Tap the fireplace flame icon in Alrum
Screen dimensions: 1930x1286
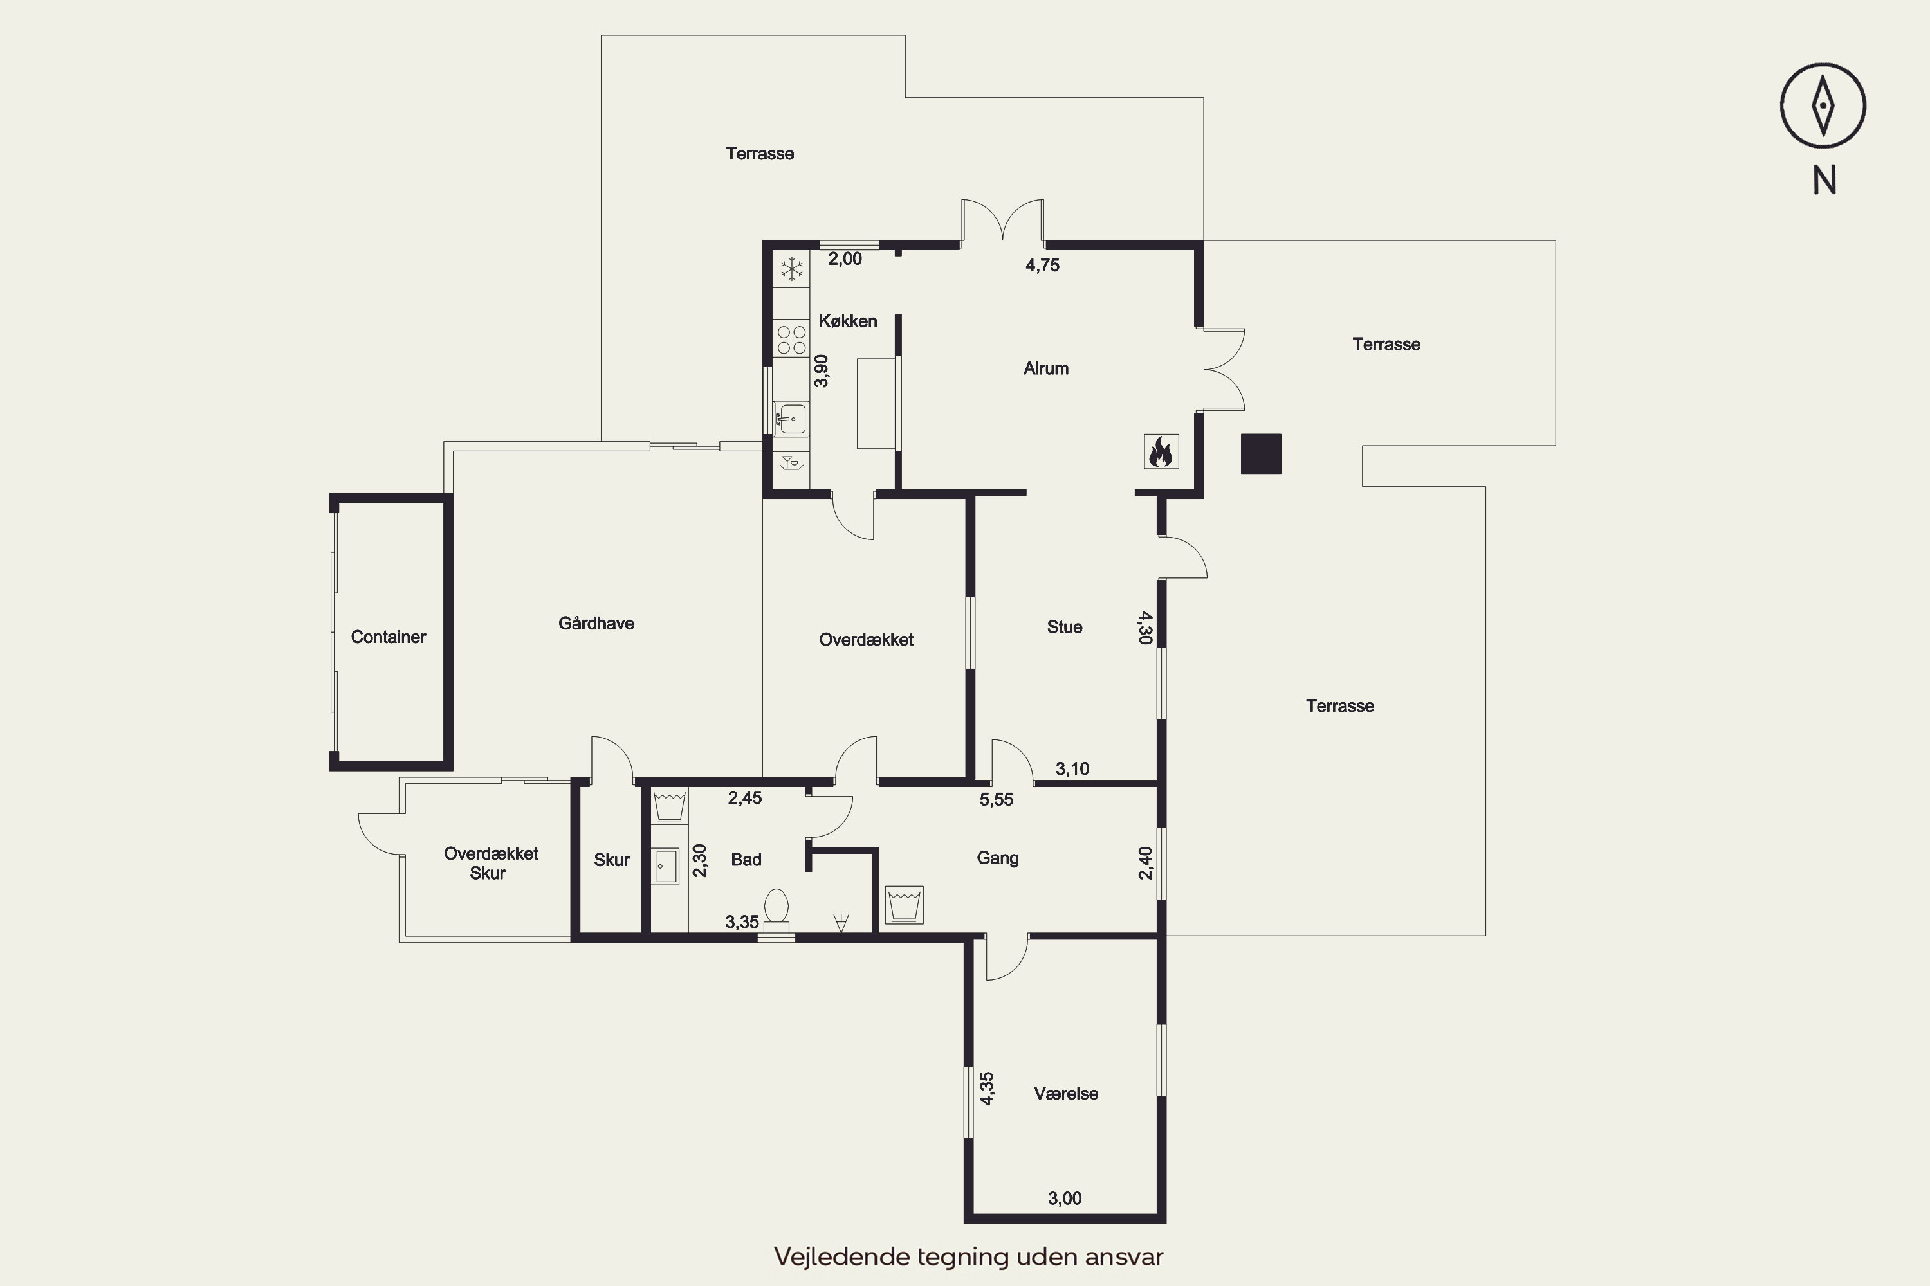1161,452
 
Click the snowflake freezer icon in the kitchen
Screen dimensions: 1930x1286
792,269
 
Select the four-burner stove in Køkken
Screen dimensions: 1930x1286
792,340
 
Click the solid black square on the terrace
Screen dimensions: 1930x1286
1260,453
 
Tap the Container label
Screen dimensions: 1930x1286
388,637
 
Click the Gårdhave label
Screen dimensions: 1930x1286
596,623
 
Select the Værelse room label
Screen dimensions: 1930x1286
1066,1093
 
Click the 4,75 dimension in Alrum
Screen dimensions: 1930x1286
1042,266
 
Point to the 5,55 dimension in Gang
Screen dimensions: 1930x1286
996,800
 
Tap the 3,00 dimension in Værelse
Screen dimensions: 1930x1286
1064,1199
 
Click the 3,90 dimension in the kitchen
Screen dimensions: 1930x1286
822,371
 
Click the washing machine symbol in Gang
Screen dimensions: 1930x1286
903,905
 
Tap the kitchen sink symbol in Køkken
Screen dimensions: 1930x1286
791,419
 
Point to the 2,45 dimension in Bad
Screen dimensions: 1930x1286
745,798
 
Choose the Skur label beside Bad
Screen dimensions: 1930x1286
611,860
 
